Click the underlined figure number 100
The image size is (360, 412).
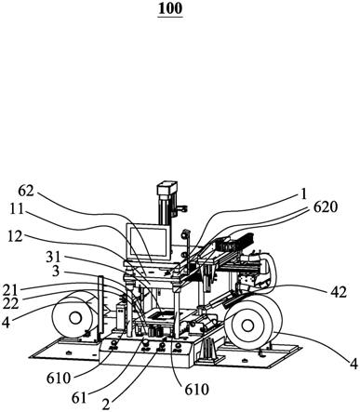pos(170,8)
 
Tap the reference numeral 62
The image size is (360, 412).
pos(26,191)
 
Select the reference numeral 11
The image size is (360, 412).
pos(17,209)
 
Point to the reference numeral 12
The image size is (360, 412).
pos(15,237)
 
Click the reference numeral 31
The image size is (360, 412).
pos(53,257)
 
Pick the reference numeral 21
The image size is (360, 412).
pos(10,290)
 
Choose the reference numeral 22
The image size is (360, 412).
pos(11,303)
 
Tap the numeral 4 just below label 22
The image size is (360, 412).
pos(5,322)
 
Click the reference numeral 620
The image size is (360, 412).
pos(325,207)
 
